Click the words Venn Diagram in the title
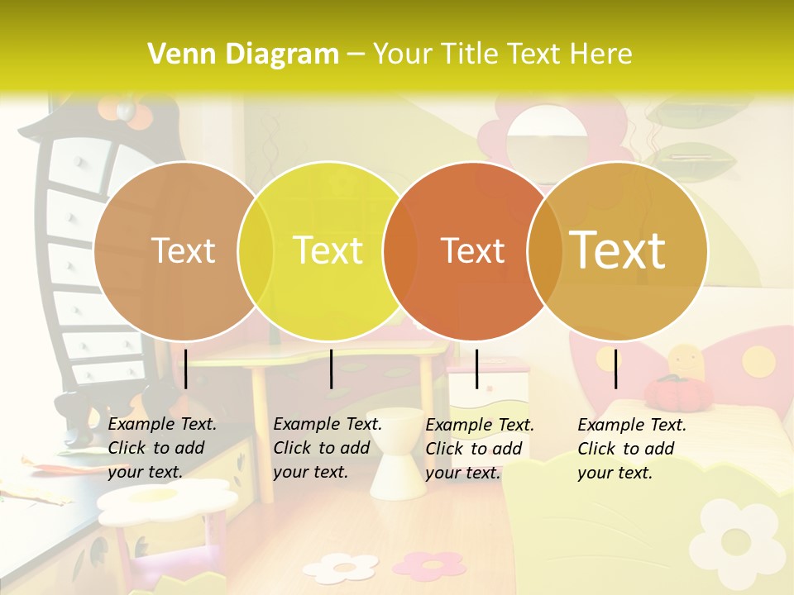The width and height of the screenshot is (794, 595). point(243,54)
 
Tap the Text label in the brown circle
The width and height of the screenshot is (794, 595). point(183,250)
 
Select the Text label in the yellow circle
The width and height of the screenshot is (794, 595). point(328,250)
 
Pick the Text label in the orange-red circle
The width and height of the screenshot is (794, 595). point(473,250)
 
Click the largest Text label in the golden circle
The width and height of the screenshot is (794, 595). point(618,250)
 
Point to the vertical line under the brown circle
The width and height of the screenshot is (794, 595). point(186,369)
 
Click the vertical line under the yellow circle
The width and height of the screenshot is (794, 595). point(331,369)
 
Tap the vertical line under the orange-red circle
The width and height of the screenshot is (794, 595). point(476,369)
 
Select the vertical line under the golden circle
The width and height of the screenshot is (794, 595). point(616,369)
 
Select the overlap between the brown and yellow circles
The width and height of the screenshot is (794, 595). point(256,250)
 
